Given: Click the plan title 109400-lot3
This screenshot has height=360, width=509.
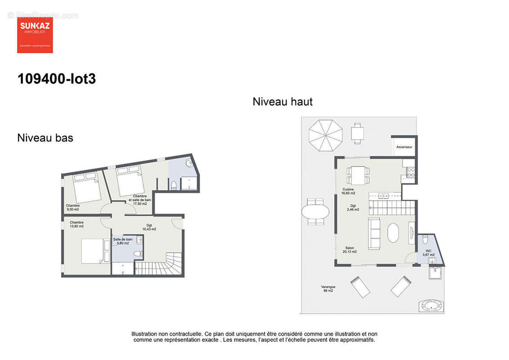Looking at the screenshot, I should click(x=56, y=79).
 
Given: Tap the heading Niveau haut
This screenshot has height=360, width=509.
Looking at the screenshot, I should click(x=282, y=102).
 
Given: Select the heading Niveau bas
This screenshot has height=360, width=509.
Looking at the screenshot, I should click(x=45, y=138).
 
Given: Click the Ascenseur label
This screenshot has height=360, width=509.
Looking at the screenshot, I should click(x=404, y=147).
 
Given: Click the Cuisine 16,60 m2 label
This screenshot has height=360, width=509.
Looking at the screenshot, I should click(x=348, y=191).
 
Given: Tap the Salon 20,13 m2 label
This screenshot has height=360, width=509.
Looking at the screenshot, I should click(x=351, y=250).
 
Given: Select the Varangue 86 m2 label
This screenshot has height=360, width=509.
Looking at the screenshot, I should click(x=328, y=289).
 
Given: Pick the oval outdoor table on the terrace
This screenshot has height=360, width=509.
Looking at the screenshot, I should click(x=315, y=212).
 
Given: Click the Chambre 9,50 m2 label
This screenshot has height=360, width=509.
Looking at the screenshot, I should click(x=72, y=207).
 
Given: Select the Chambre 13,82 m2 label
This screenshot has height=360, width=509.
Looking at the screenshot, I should click(x=76, y=224).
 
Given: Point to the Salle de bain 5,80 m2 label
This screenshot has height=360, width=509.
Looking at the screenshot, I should click(x=123, y=241).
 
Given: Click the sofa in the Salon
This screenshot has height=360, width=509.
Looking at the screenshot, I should click(x=374, y=233).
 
